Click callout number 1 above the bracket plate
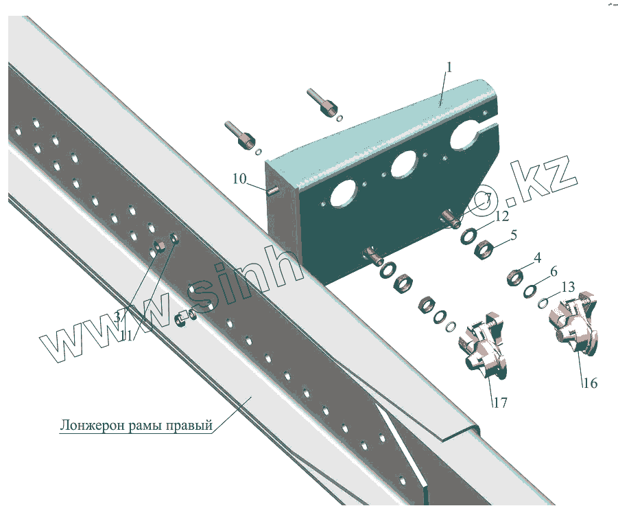click(449, 67)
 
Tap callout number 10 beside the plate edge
click(239, 179)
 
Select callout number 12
click(502, 217)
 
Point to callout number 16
click(590, 382)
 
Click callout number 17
click(499, 402)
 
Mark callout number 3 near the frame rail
click(118, 317)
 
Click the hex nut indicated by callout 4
click(514, 278)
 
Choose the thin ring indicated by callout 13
click(545, 301)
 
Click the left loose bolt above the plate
click(239, 135)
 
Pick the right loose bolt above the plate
click(322, 102)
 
